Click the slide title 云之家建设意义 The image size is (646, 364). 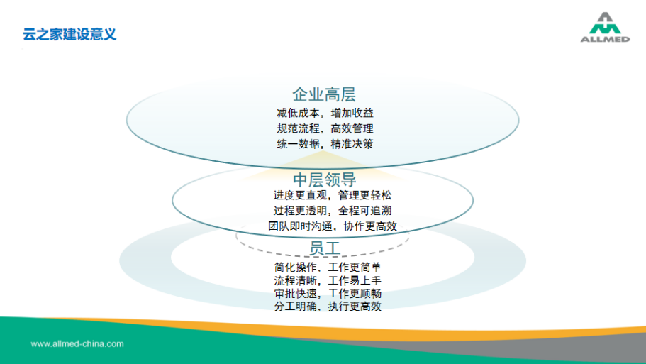[69, 34]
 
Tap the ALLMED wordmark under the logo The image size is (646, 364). [605, 39]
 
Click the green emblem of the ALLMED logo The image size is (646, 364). [605, 23]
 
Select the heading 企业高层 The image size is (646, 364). [324, 94]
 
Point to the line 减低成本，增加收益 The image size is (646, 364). [325, 113]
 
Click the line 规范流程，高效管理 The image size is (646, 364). [325, 128]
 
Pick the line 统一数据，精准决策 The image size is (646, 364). [325, 144]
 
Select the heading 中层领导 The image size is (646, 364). [325, 180]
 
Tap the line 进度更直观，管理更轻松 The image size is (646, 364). [333, 195]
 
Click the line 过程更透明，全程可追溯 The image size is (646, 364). [333, 211]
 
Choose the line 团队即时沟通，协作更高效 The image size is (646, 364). [333, 226]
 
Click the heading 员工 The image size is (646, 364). [325, 248]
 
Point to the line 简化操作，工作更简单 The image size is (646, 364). [328, 268]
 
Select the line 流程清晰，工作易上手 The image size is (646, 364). [328, 281]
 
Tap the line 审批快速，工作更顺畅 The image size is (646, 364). [328, 294]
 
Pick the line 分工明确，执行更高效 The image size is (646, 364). [328, 307]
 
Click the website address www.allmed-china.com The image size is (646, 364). [77, 344]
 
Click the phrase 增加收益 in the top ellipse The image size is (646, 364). [352, 113]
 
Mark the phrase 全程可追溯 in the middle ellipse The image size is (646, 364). [365, 211]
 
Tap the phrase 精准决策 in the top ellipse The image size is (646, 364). [352, 144]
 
